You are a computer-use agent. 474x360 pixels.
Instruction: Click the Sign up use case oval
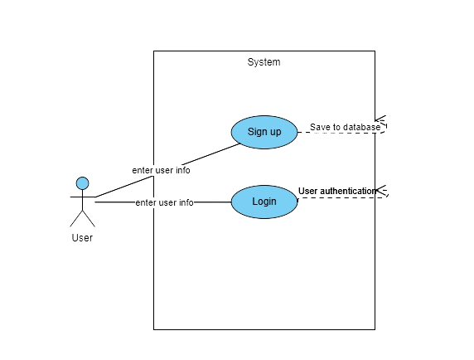point(264,132)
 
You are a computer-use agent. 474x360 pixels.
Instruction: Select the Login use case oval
point(264,202)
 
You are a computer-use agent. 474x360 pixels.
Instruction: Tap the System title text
point(264,62)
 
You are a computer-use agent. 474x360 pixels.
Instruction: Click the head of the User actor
point(83,183)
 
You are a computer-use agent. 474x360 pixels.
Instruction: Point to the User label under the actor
point(82,238)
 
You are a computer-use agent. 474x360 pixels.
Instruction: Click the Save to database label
point(346,127)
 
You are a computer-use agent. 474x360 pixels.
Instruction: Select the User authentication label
point(337,191)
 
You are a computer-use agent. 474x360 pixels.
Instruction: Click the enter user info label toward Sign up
point(161,170)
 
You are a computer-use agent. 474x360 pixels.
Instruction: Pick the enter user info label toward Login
point(164,202)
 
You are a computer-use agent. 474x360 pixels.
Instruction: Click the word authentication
point(348,191)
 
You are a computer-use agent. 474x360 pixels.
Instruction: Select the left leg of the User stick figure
point(76,218)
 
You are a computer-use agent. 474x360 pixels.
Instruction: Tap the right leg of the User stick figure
point(89,218)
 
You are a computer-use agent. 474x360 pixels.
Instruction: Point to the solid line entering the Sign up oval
point(167,170)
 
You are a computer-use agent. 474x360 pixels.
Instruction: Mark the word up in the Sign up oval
point(276,133)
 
